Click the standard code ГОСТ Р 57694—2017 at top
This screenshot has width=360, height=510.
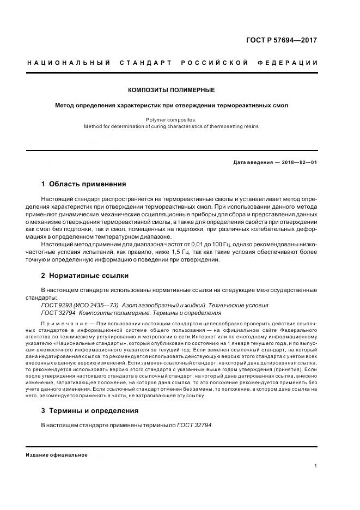pos(281,40)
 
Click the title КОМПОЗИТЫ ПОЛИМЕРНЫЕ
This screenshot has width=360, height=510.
pos(171,90)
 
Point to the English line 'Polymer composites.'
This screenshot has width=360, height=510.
pos(171,119)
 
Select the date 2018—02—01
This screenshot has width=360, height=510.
pos(298,162)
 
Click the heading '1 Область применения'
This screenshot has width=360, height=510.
pos(83,184)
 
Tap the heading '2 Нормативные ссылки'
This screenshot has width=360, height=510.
pos(85,276)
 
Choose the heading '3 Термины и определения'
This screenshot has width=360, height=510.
pos(90,410)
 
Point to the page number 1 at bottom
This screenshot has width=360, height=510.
pos(316,466)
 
